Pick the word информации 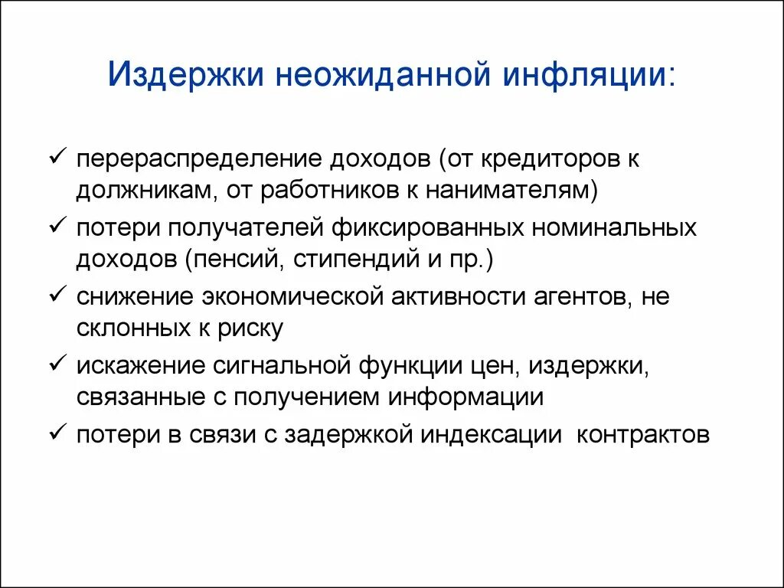pos(465,397)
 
